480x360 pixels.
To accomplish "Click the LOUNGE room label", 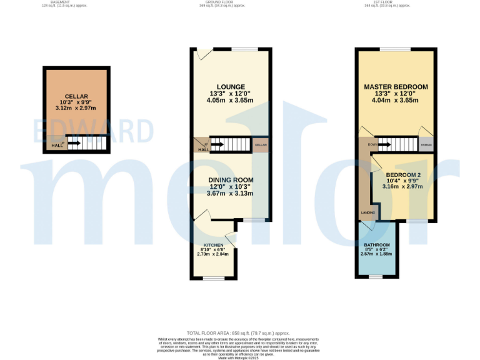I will pos(231,87).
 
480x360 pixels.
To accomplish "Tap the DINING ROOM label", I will pos(231,180).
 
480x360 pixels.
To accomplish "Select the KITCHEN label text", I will pos(213,245).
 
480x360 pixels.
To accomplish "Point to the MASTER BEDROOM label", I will pos(396,87).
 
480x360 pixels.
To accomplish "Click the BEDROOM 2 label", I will pos(403,174).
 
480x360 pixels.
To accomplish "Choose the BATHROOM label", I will pos(377,244).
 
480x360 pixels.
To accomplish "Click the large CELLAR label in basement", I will pos(76,96).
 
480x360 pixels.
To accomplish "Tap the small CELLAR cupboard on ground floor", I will pos(261,145).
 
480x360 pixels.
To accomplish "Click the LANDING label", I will pos(367,213).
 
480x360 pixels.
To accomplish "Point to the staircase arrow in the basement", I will pos(73,143).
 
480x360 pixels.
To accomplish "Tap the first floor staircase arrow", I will pos(383,145).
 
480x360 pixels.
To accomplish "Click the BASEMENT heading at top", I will pos(61,2).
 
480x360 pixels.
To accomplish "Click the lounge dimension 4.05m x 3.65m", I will pos(231,100).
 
